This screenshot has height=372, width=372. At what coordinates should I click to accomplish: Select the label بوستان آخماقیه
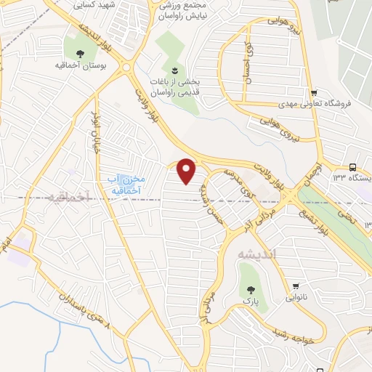pyautogui.click(x=82, y=65)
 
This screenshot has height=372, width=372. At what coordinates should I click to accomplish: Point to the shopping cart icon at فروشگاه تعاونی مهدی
pyautogui.click(x=313, y=92)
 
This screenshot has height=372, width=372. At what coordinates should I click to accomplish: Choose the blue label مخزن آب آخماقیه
pyautogui.click(x=121, y=184)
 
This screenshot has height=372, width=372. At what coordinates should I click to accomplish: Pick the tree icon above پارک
pyautogui.click(x=251, y=286)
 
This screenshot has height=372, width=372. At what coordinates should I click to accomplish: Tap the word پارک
pyautogui.click(x=251, y=299)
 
